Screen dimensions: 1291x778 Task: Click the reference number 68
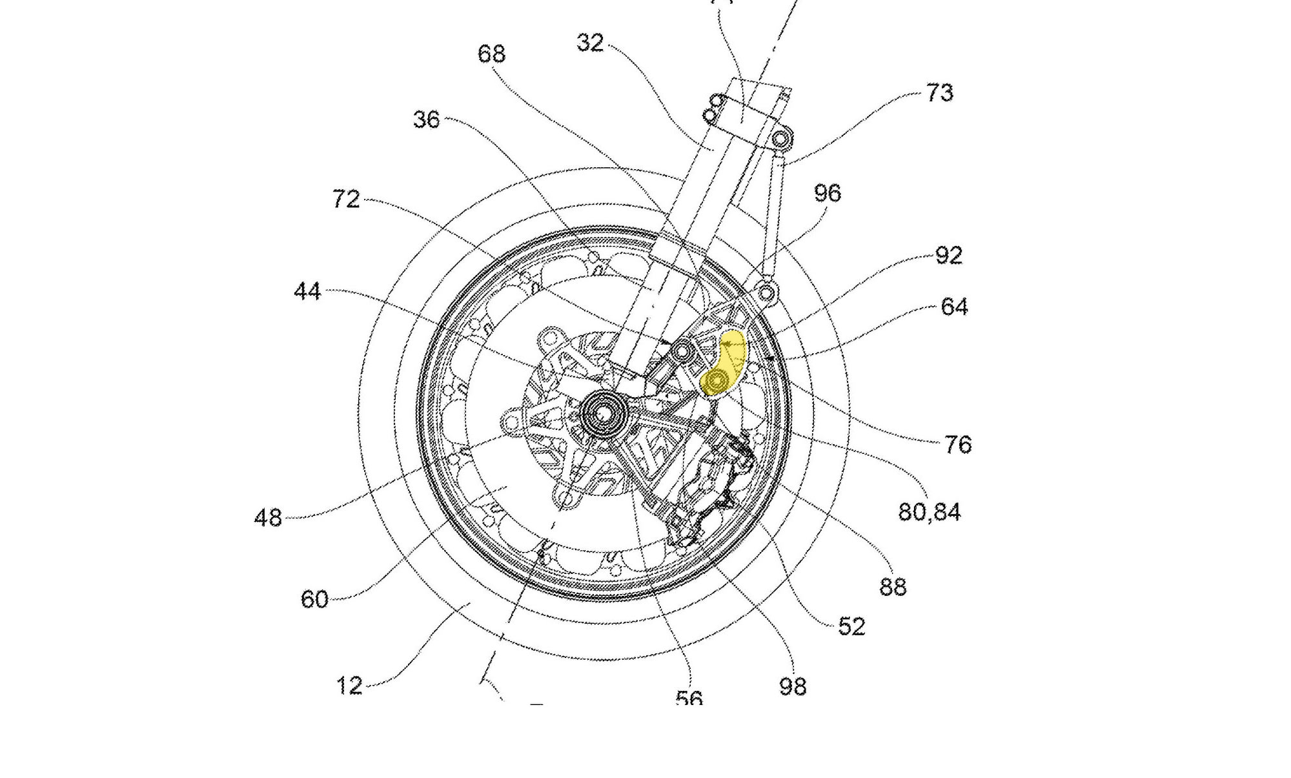pos(491,54)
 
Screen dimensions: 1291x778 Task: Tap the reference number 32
pos(590,43)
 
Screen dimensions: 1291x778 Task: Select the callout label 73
pos(939,93)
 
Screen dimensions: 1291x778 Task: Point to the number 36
pos(427,119)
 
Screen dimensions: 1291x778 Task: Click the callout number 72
pos(346,199)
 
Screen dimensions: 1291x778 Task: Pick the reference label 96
pos(828,193)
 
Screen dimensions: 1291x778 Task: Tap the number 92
pos(949,255)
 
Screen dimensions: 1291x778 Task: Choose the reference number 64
pos(954,306)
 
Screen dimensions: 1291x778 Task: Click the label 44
pos(307,292)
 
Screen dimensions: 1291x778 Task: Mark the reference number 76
pos(958,444)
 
